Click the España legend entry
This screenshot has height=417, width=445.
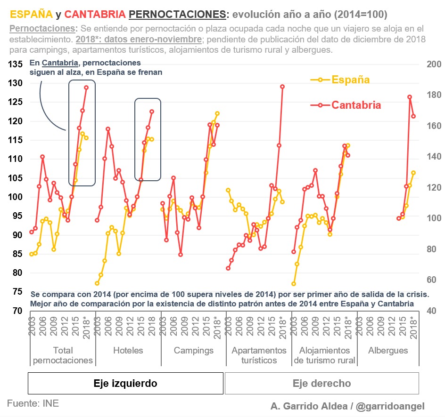[x=350, y=80]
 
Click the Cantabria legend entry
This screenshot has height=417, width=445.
[x=356, y=105]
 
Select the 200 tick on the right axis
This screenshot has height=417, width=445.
[x=432, y=64]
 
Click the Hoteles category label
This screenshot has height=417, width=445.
[x=128, y=351]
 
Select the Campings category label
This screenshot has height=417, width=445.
[x=193, y=351]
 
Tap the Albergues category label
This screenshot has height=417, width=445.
[x=388, y=351]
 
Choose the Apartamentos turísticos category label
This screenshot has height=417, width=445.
[x=259, y=355]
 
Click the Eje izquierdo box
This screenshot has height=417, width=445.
[x=125, y=384]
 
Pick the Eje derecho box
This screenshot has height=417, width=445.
[x=322, y=384]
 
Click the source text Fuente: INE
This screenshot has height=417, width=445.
[x=33, y=404]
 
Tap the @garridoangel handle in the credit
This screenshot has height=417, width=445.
[x=390, y=406]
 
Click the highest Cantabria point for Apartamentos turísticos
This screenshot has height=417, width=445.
[x=282, y=87]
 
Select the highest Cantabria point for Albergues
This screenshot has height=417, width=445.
[x=410, y=97]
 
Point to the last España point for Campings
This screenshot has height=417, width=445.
[x=217, y=113]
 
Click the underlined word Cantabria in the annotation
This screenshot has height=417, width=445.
[x=59, y=63]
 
